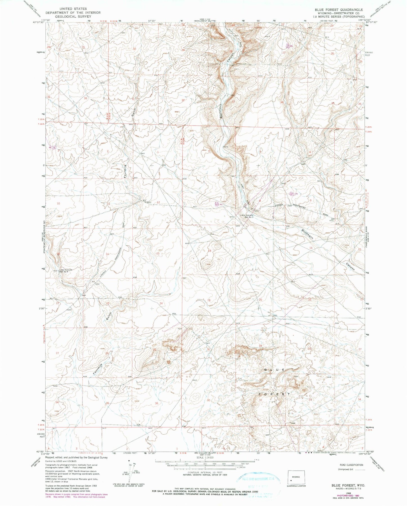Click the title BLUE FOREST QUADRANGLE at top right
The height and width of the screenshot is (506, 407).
tap(339, 9)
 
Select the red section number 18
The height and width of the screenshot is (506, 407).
tap(209, 250)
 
